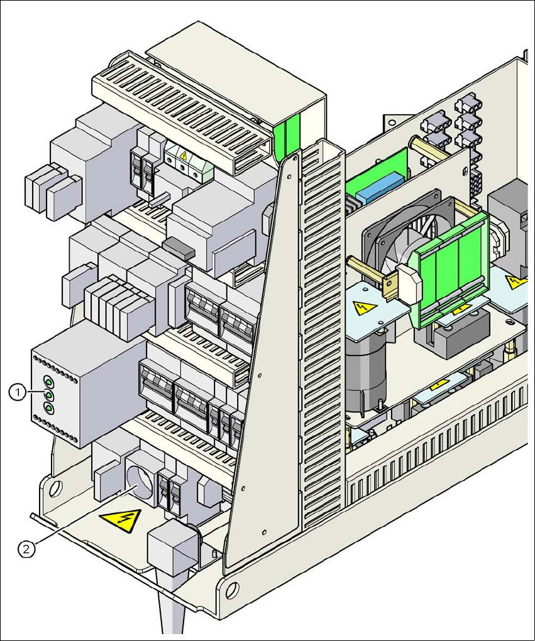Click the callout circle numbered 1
[x=17, y=392]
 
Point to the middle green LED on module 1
[x=48, y=395]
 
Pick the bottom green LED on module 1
[x=48, y=409]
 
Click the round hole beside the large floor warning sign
[x=55, y=486]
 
